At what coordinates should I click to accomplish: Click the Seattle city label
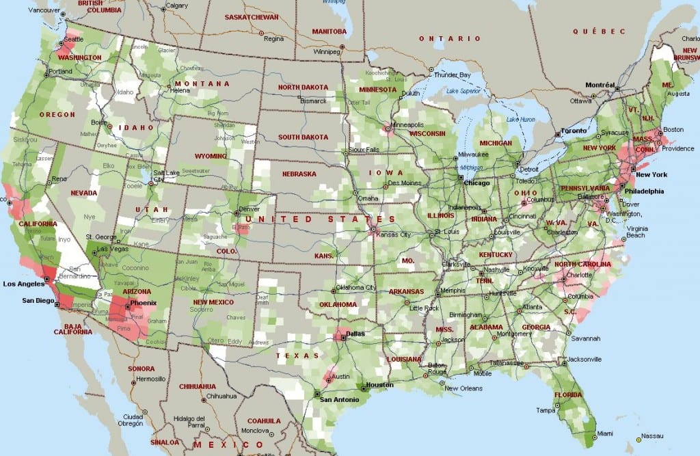point(74,39)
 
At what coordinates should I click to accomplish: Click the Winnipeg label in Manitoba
point(327,51)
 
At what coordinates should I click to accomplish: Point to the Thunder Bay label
point(453,75)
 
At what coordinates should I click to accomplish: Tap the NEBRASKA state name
point(299,174)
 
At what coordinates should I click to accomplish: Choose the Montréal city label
point(600,85)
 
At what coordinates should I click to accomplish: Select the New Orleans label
point(461,388)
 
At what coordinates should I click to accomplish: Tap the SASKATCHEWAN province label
point(252,16)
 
